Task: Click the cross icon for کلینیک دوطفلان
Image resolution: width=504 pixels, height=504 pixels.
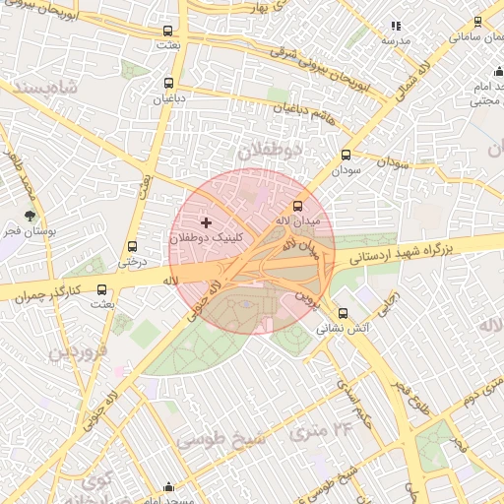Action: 206,224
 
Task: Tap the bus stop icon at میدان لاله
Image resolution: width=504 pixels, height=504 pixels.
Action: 299,207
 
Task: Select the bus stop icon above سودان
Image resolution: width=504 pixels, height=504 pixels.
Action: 346,155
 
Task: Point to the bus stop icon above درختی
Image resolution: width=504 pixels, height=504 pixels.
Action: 132,247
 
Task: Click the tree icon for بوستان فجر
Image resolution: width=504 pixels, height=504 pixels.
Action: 31,216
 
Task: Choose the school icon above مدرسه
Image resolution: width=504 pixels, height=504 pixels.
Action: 396,26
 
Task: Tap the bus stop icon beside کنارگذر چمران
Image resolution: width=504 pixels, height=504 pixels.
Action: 102,289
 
